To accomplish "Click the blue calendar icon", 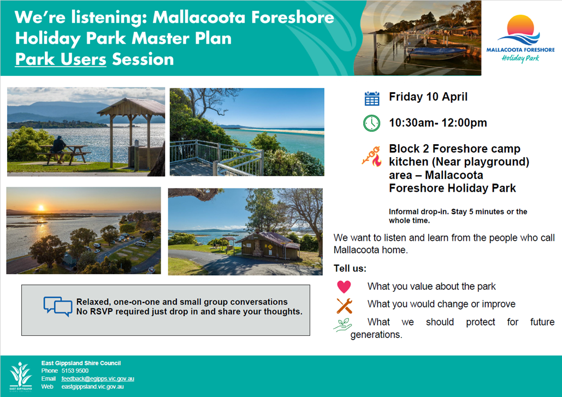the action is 372,98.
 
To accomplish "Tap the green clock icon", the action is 372,123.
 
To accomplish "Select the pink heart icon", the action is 344,287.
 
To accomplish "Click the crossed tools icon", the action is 345,306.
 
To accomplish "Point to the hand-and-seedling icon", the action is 342,324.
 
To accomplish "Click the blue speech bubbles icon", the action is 58,306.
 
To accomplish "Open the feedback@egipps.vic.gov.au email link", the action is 97,379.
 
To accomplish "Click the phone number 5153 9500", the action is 75,371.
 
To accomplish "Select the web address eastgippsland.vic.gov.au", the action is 92,387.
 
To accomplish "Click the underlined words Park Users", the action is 61,59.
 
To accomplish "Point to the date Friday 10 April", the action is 428,97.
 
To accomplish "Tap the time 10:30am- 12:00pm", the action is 438,123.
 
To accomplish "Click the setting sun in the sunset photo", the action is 41,208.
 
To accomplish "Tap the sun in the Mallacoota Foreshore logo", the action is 520,25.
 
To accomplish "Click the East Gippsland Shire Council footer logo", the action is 21,376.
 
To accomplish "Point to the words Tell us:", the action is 350,268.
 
